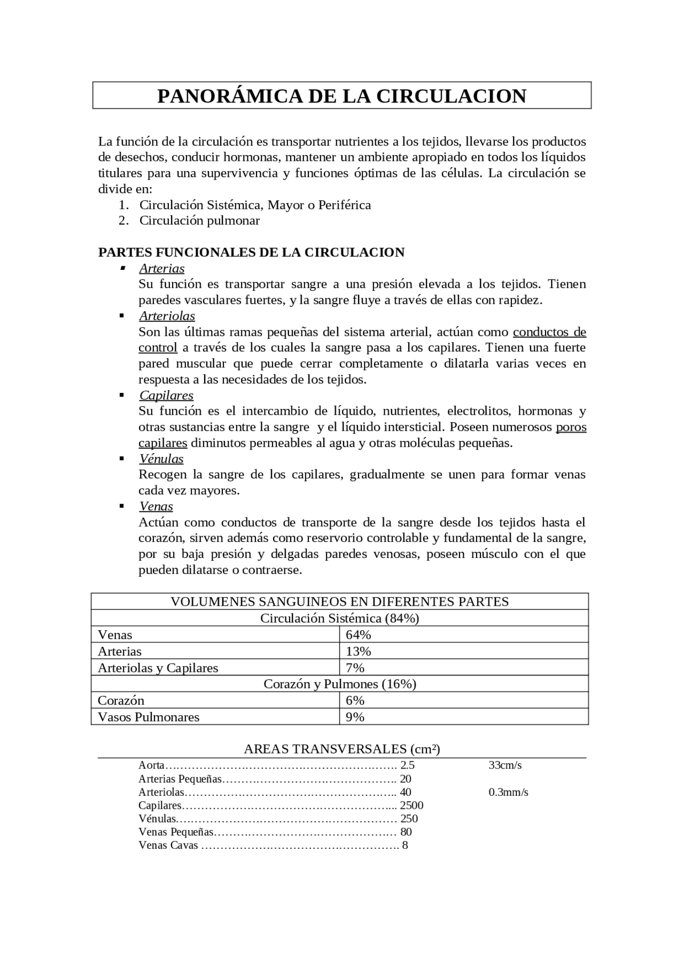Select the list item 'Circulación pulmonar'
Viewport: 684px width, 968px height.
[x=199, y=221]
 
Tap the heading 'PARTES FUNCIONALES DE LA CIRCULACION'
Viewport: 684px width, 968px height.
[x=251, y=252]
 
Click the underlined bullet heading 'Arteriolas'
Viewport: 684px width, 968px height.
[x=167, y=316]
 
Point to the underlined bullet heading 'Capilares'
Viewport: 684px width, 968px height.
[x=166, y=396]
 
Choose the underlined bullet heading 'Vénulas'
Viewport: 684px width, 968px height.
[x=161, y=459]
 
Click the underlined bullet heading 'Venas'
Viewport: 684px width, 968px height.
[x=156, y=506]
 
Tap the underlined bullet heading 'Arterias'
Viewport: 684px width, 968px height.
[x=161, y=268]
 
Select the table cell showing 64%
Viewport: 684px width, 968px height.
[x=358, y=635]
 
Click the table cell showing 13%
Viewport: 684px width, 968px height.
[x=358, y=652]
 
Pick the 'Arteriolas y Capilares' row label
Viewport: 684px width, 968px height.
[x=158, y=668]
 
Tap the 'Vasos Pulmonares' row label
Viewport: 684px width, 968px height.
[x=149, y=717]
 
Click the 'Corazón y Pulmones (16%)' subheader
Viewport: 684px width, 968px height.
[x=340, y=684]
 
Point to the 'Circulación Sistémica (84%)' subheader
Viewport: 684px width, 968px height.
[x=340, y=618]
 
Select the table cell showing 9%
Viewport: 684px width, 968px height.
[x=355, y=717]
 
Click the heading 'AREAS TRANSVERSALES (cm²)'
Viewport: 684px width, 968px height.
[x=342, y=749]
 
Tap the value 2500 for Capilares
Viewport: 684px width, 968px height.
[x=411, y=806]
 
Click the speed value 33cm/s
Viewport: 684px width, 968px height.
[x=505, y=765]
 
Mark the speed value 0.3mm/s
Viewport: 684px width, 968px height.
[x=508, y=792]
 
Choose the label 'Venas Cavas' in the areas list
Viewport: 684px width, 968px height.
[x=168, y=845]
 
